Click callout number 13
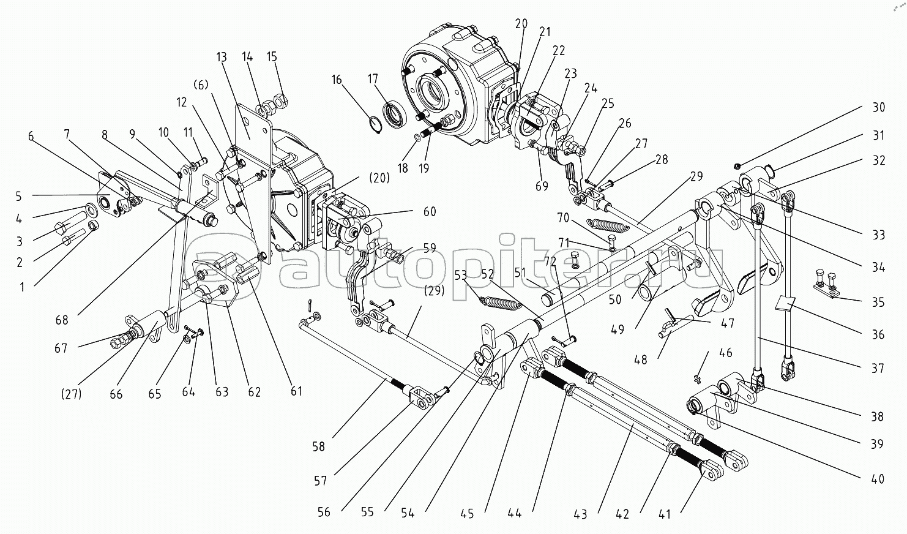pos(221,58)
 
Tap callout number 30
pos(878,107)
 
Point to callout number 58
pos(318,446)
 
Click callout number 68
pos(62,319)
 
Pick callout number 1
pos(23,286)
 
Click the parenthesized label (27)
pos(72,394)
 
